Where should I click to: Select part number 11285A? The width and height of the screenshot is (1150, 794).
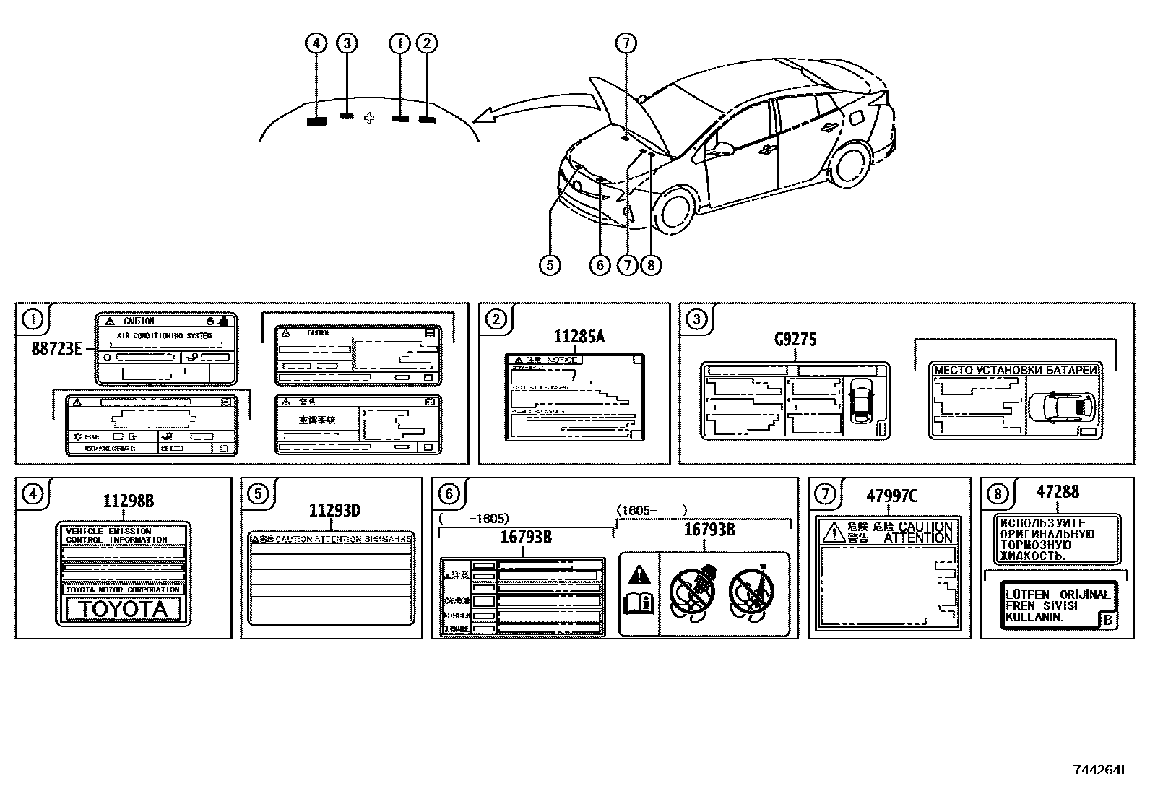pos(579,337)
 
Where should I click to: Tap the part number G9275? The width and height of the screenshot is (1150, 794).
pos(795,340)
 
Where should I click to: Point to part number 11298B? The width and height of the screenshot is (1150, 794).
pos(128,501)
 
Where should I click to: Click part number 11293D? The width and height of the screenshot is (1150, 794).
pos(334,511)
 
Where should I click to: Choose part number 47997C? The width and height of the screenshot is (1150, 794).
pos(891,496)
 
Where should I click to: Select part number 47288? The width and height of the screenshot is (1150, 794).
pos(1057,492)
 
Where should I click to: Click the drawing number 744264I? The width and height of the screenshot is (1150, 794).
pos(1098,770)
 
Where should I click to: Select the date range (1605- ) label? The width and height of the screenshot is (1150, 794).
pos(650,511)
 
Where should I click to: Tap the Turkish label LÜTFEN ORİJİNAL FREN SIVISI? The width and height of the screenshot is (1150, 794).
pos(1057,605)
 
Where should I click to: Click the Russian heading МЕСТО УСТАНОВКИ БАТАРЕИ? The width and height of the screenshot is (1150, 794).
pos(1016,371)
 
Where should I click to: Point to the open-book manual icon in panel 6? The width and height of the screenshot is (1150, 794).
pos(640,603)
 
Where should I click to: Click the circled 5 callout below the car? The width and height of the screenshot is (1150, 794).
pos(550,265)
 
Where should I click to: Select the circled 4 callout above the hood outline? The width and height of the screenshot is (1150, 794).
pos(315,43)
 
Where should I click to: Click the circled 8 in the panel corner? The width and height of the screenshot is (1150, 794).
pos(998,493)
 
